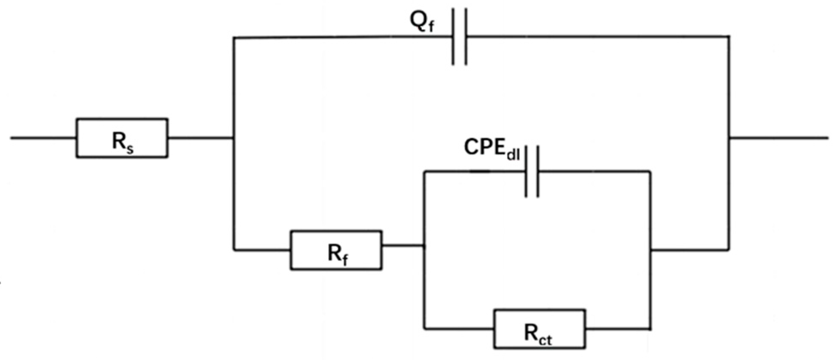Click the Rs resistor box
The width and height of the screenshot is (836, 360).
(x=122, y=138)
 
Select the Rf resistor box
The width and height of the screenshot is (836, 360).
(x=336, y=250)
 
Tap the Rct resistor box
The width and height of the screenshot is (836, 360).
(x=539, y=329)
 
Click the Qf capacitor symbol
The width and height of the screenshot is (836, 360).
(x=459, y=37)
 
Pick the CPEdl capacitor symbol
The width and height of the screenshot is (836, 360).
(x=532, y=171)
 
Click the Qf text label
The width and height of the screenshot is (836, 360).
(x=422, y=21)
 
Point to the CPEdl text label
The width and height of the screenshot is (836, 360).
(x=492, y=149)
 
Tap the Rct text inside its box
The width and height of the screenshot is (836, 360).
(x=538, y=334)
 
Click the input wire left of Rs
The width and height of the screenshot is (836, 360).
(x=43, y=138)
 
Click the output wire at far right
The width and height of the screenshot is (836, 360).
(x=779, y=138)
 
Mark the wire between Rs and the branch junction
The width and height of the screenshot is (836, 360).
(x=200, y=138)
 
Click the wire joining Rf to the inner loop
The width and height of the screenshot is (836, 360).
(x=403, y=246)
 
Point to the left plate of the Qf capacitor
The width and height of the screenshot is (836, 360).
(x=453, y=37)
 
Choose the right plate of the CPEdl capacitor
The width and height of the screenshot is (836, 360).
(x=538, y=171)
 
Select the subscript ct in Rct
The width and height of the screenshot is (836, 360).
(x=546, y=339)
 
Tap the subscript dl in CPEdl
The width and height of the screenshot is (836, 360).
(x=513, y=154)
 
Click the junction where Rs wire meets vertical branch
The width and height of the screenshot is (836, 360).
(x=233, y=138)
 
